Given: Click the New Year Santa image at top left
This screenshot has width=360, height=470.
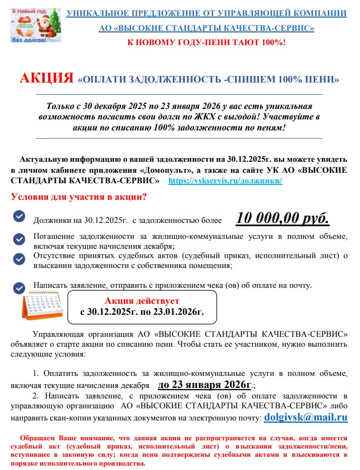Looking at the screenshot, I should pyautogui.click(x=34, y=25).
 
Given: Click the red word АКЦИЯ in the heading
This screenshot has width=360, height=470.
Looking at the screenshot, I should pyautogui.click(x=47, y=78).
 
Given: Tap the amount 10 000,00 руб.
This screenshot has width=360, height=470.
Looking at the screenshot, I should pyautogui.click(x=282, y=218).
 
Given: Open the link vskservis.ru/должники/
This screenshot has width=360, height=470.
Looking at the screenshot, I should pyautogui.click(x=225, y=181).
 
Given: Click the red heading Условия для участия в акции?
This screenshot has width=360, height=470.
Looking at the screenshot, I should pyautogui.click(x=79, y=196).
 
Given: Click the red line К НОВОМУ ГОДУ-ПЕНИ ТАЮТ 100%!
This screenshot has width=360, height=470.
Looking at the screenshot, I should pyautogui.click(x=206, y=42).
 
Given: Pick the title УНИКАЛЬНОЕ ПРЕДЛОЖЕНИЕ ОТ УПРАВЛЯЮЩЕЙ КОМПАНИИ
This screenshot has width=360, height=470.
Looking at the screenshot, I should pyautogui.click(x=206, y=12).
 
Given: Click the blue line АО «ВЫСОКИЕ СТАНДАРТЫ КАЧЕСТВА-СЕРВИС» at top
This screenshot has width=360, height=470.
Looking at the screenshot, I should pyautogui.click(x=206, y=27).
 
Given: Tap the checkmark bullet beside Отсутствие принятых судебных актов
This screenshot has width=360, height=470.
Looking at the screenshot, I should pyautogui.click(x=19, y=259).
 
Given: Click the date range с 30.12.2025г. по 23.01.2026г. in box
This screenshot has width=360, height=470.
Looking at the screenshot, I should pyautogui.click(x=141, y=311).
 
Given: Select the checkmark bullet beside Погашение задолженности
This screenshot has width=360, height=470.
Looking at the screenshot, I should pyautogui.click(x=19, y=239).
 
